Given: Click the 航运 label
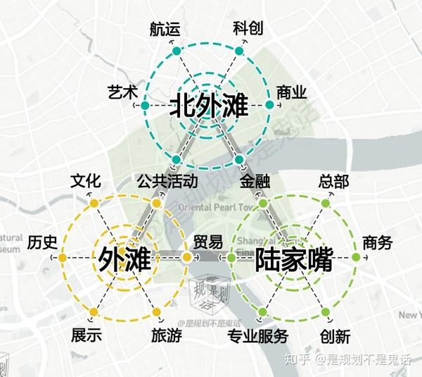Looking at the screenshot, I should pyautogui.click(x=165, y=29).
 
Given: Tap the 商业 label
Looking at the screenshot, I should pyautogui.click(x=292, y=93).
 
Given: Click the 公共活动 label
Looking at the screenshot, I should pyautogui.click(x=162, y=181).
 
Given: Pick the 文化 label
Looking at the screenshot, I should pyautogui.click(x=86, y=181).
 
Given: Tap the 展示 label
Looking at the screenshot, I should pyautogui.click(x=85, y=336).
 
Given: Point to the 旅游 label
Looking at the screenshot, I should pyautogui.click(x=167, y=336).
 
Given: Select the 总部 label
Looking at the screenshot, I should pyautogui.click(x=333, y=181).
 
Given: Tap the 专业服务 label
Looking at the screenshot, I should pyautogui.click(x=257, y=336).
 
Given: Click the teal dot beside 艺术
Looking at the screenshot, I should pyautogui.click(x=144, y=106).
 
